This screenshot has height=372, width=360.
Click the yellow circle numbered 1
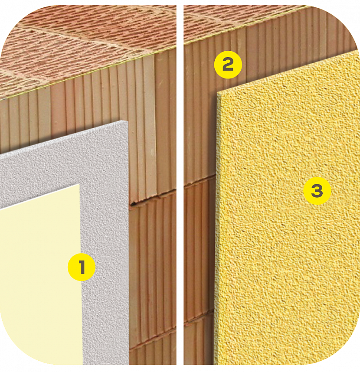click(x=82, y=267)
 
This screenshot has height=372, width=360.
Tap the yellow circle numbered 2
click(x=228, y=65)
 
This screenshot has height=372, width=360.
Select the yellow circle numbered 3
click(x=317, y=191)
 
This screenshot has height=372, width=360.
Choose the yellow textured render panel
click(x=287, y=213)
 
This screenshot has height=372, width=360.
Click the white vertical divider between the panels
click(x=180, y=185)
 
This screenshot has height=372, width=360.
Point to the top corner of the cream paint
click(x=79, y=184)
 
